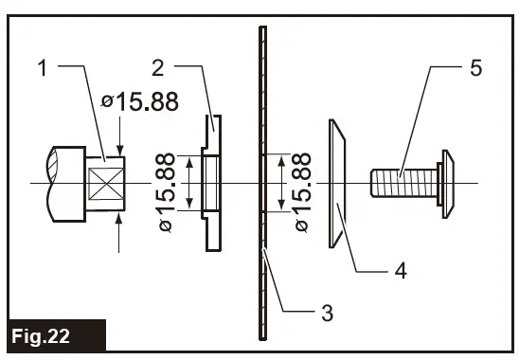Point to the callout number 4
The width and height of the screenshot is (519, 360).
coord(402,270)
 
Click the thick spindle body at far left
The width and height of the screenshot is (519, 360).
coord(63,182)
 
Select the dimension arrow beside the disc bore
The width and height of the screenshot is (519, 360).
coord(281,183)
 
